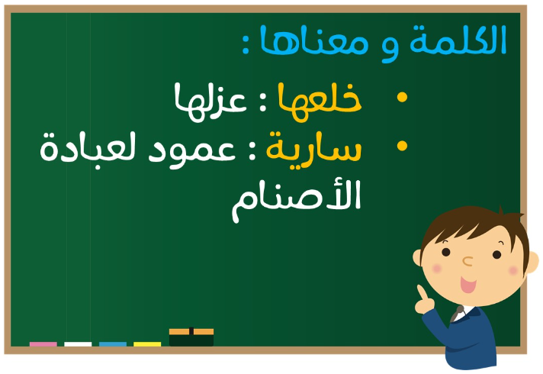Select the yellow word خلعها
pyautogui.click(x=320, y=102)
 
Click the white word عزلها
pyautogui.click(x=210, y=102)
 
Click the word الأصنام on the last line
pyautogui.click(x=297, y=200)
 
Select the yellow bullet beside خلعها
pyautogui.click(x=402, y=97)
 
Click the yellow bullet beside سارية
pyautogui.click(x=402, y=146)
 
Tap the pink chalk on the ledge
pyautogui.click(x=43, y=343)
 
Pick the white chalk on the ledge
pyautogui.click(x=78, y=343)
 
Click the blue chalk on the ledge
pyautogui.click(x=113, y=343)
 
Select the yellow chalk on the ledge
pyautogui.click(x=147, y=343)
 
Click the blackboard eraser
pyautogui.click(x=191, y=337)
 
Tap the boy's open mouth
pyautogui.click(x=467, y=285)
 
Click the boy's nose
pyautogui.click(x=467, y=261)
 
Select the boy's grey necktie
pyautogui.click(x=457, y=314)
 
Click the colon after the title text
pyautogui.click(x=246, y=44)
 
